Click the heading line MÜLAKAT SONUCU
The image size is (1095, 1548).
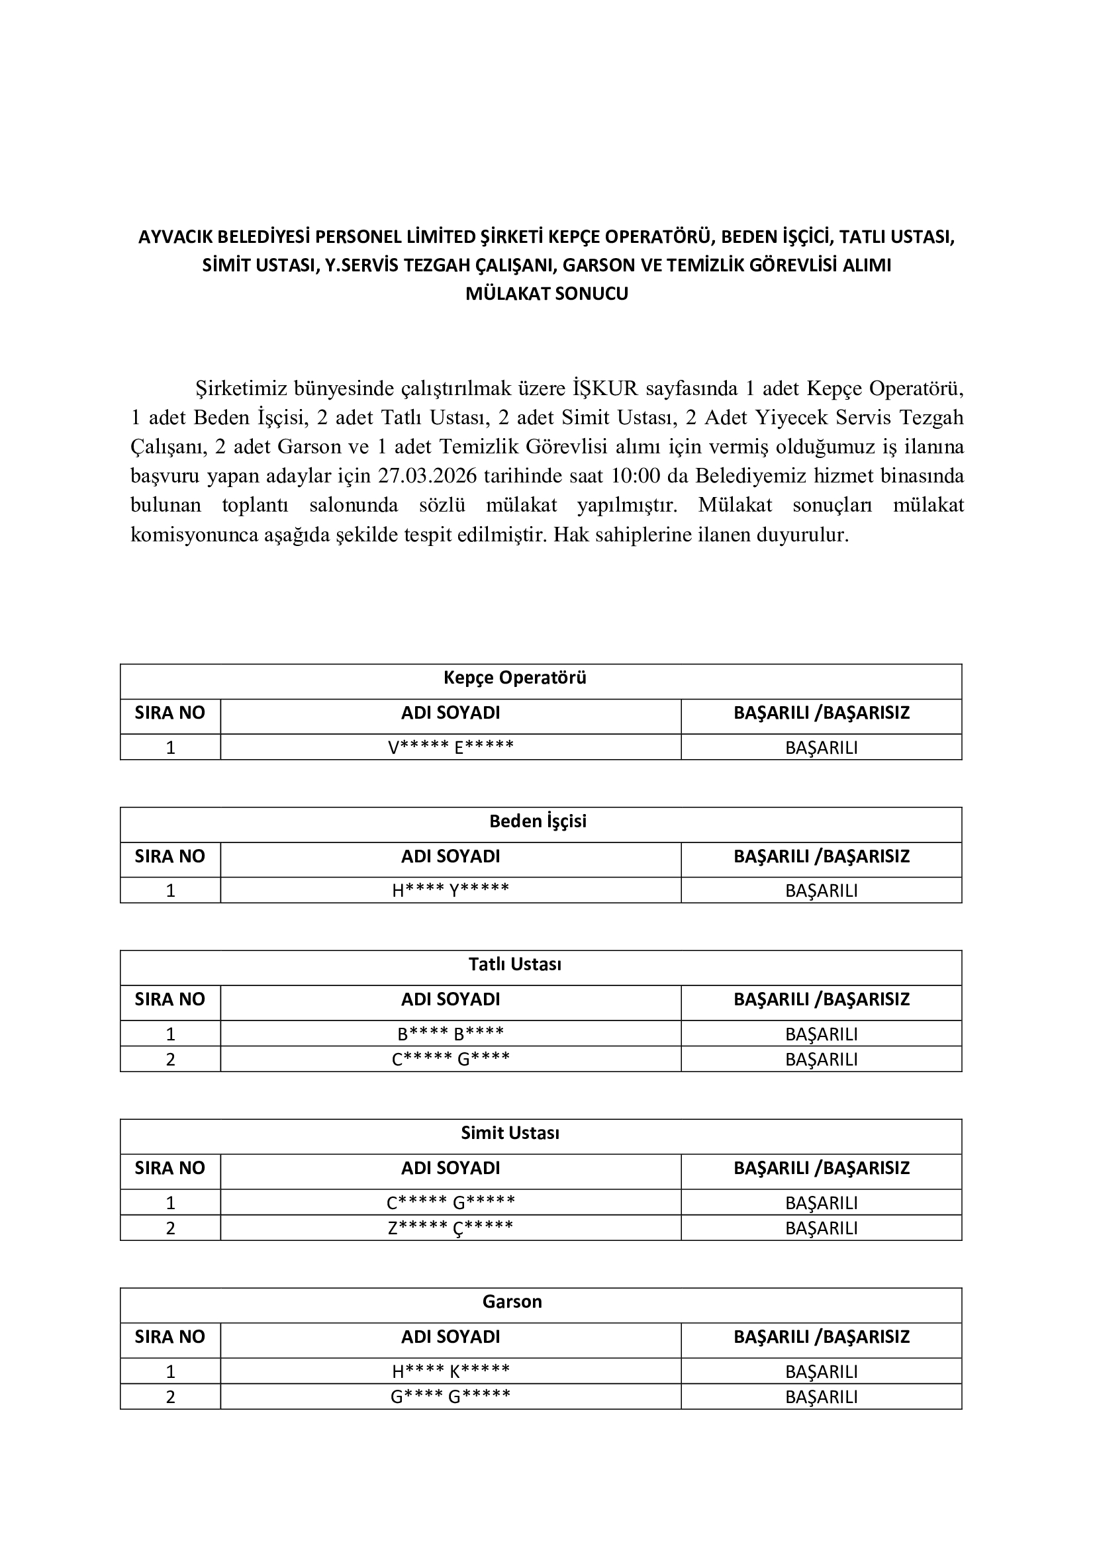tap(547, 294)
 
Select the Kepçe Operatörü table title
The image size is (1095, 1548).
tap(514, 678)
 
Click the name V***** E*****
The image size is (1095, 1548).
tap(450, 747)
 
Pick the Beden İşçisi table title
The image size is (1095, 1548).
tap(538, 821)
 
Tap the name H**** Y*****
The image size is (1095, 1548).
tap(450, 890)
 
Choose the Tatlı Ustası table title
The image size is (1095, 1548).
tap(514, 964)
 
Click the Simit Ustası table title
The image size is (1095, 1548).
tap(510, 1132)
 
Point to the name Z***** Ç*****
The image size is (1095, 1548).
tap(450, 1228)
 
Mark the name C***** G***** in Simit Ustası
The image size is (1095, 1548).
tap(450, 1202)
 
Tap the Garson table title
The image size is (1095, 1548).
tap(512, 1301)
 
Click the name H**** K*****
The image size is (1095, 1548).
tap(450, 1371)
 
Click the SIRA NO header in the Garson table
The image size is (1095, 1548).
tap(170, 1336)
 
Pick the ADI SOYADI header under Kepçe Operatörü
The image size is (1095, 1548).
tap(450, 713)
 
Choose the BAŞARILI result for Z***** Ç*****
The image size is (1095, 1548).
tap(821, 1228)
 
